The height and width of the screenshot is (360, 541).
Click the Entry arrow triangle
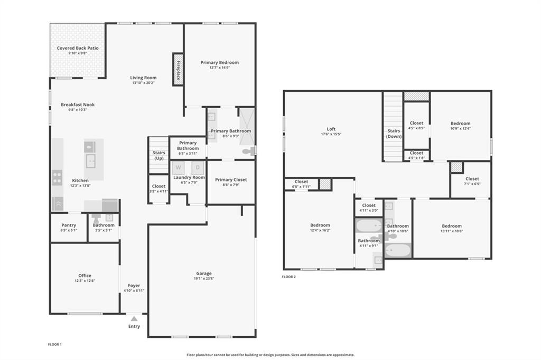134,318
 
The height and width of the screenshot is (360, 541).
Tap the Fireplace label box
178,69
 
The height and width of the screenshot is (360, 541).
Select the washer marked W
178,168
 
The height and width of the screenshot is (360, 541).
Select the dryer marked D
198,168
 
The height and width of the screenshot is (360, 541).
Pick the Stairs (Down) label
394,134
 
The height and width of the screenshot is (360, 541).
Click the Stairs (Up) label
158,155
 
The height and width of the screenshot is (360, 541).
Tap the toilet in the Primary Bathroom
248,151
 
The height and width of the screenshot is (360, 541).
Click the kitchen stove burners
57,178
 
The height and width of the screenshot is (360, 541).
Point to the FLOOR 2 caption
288,277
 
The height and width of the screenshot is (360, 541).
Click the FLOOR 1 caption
55,345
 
